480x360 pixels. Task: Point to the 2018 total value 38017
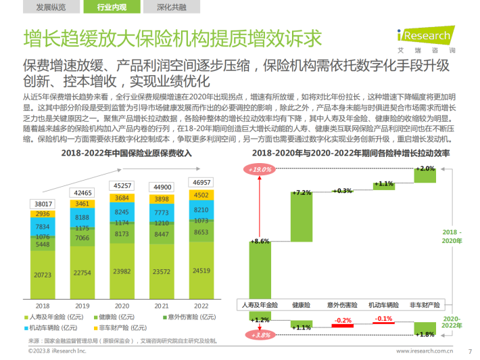tap(42, 203)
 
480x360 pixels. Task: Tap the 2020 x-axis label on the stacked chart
tap(122, 306)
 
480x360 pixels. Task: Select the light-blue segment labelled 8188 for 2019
tap(82, 218)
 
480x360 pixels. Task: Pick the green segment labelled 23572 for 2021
tap(162, 272)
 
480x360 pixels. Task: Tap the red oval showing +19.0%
tap(260, 169)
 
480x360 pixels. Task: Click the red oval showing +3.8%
tap(260, 335)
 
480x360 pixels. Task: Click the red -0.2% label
tap(343, 321)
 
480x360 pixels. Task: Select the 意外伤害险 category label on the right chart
tap(343, 306)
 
